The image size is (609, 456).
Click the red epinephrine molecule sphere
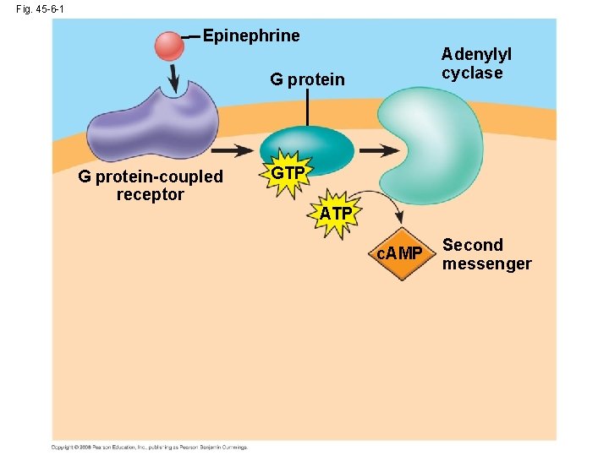tap(169, 46)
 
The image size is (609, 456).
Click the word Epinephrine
tap(251, 35)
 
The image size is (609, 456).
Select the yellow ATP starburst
tap(336, 214)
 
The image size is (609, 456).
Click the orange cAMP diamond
tap(399, 253)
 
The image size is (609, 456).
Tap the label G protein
tap(307, 80)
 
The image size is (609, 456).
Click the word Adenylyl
tap(475, 54)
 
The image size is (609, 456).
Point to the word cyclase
tap(471, 73)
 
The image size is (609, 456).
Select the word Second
tap(473, 246)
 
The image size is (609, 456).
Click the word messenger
tap(486, 264)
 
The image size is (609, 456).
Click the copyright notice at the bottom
tap(150, 447)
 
